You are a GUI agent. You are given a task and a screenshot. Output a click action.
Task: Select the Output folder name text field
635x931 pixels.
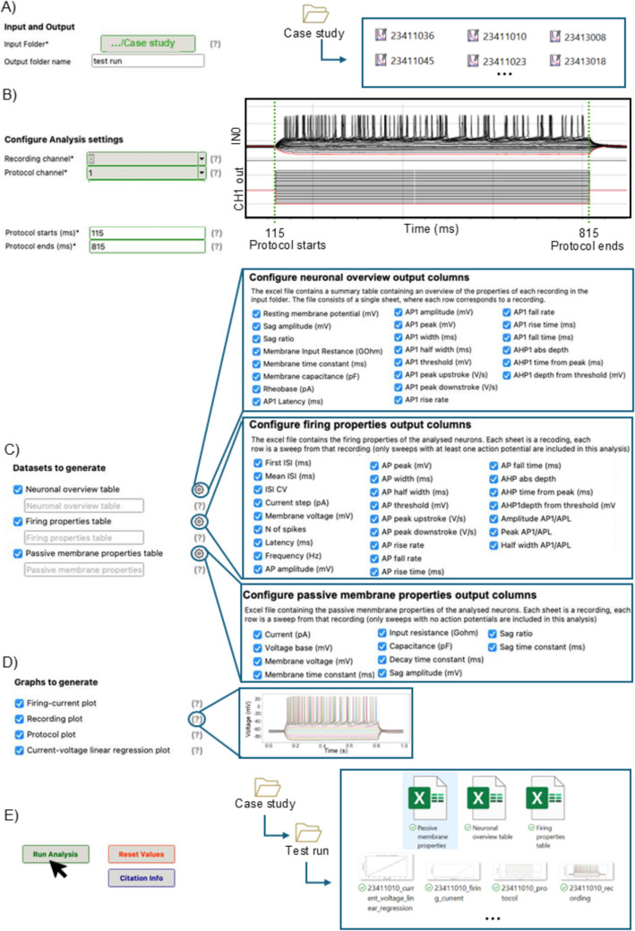(148, 62)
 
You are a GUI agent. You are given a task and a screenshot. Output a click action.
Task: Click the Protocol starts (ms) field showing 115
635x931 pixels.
(147, 232)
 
